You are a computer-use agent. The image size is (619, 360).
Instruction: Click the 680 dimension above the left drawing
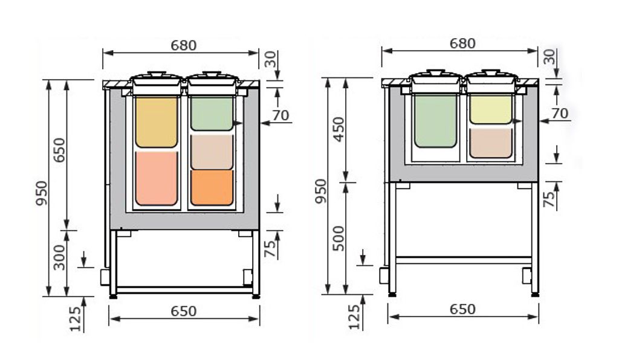click(184, 45)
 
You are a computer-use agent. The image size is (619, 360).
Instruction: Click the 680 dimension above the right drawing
click(462, 43)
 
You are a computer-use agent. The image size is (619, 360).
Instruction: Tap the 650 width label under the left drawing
click(184, 311)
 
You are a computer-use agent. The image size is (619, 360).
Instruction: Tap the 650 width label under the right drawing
click(462, 309)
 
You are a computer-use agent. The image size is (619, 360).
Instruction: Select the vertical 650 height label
click(59, 150)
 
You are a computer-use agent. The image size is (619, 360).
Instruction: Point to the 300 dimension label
click(59, 257)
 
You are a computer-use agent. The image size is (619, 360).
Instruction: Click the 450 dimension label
click(339, 130)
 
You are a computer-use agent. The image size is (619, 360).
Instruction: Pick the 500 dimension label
click(339, 238)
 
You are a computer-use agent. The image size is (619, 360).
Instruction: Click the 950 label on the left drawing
click(41, 193)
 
